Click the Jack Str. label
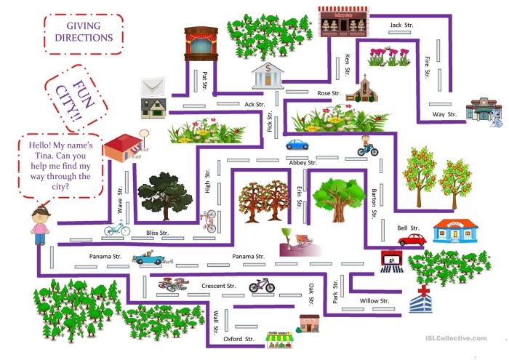click(x=396, y=25)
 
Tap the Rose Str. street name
click(x=329, y=94)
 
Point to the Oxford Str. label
click(x=239, y=339)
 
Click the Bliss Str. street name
click(x=157, y=233)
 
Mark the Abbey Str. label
click(x=302, y=163)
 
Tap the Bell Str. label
click(x=407, y=228)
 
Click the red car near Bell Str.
click(x=411, y=239)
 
